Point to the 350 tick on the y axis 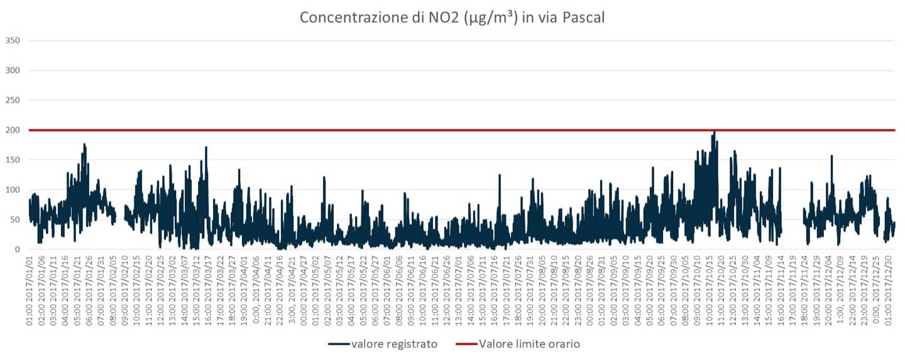click(13, 41)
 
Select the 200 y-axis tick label click(13, 130)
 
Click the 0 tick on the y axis click(18, 249)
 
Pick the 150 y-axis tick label click(13, 160)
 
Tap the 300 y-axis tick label click(13, 70)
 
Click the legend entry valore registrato click(394, 344)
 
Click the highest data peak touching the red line click(714, 132)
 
